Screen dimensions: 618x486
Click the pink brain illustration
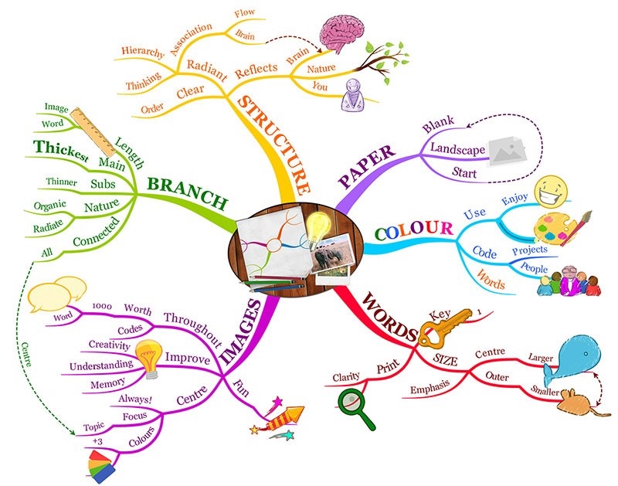point(341,33)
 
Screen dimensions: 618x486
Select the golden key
point(443,327)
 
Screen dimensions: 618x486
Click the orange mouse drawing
point(580,403)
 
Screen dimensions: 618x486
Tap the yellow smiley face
point(551,192)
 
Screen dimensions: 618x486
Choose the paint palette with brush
point(560,229)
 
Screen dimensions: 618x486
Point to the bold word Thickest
point(61,151)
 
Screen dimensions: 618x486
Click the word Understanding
point(101,365)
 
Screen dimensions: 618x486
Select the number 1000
point(102,306)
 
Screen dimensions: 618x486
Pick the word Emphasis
point(430,387)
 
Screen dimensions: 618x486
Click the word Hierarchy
point(143,52)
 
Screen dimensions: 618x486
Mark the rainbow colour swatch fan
point(101,467)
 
